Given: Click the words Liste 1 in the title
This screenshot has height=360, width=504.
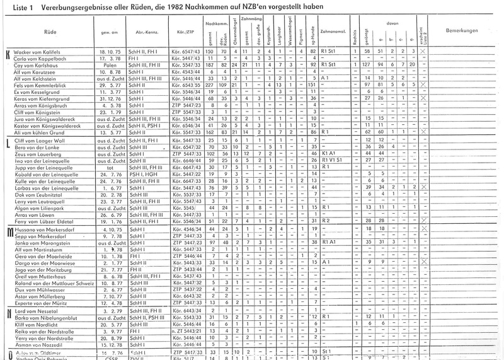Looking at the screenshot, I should [x=14, y=6].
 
